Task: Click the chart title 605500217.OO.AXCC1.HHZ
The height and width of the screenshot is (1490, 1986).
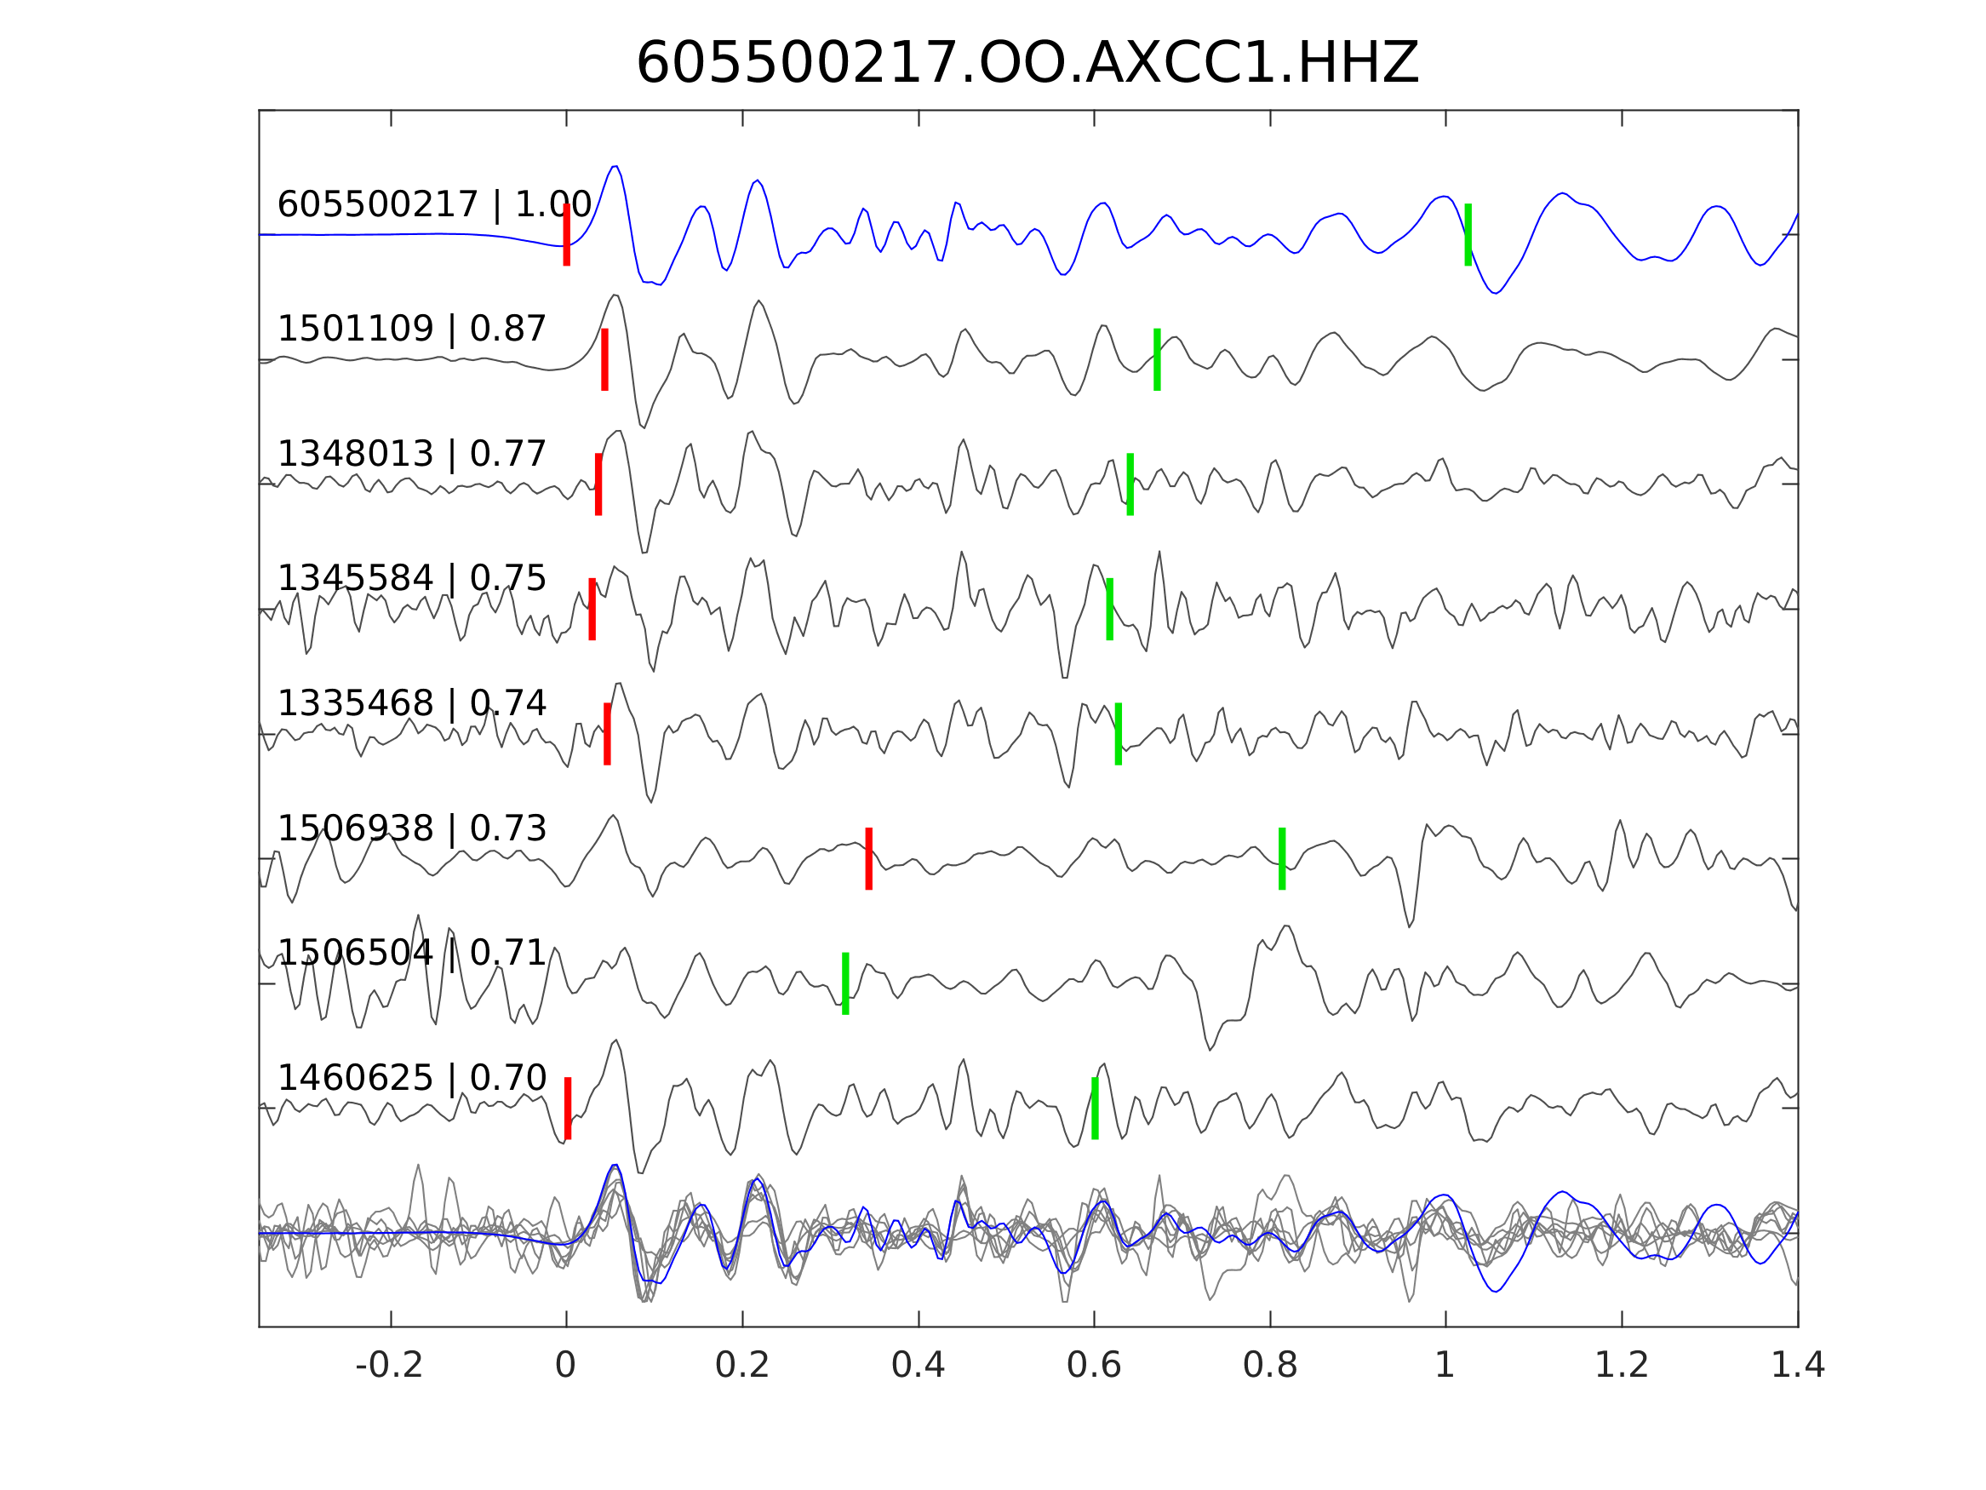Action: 1027,64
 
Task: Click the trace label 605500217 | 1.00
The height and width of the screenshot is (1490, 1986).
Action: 433,205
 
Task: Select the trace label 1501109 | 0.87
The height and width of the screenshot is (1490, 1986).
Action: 411,330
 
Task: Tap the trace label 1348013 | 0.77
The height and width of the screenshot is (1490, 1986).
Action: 411,455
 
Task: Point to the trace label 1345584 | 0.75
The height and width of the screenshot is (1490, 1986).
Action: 411,579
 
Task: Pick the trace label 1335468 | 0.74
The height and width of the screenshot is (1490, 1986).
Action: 411,704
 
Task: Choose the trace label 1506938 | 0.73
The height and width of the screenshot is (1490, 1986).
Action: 411,829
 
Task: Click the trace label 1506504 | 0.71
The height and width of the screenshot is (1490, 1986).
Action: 411,954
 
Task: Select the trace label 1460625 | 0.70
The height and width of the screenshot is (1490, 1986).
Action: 411,1078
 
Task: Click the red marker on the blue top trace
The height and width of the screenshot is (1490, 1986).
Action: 567,235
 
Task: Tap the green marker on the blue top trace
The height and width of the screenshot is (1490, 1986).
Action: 1468,235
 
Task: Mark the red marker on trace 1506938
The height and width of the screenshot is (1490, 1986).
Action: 868,858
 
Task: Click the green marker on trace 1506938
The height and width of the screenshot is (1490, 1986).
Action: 1282,858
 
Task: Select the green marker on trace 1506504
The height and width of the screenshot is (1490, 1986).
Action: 844,983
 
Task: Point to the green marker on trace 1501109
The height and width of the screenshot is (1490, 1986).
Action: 1158,360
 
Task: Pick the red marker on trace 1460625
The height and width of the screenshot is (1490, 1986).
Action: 568,1109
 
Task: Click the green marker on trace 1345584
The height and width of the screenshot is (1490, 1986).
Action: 1110,610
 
